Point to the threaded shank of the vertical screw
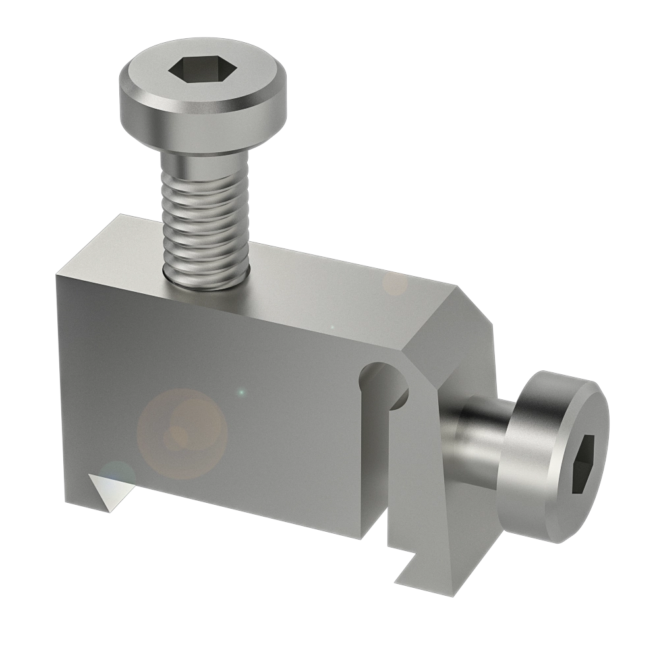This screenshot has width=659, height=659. tap(204, 211)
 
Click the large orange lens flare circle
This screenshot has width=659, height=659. tap(182, 432)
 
